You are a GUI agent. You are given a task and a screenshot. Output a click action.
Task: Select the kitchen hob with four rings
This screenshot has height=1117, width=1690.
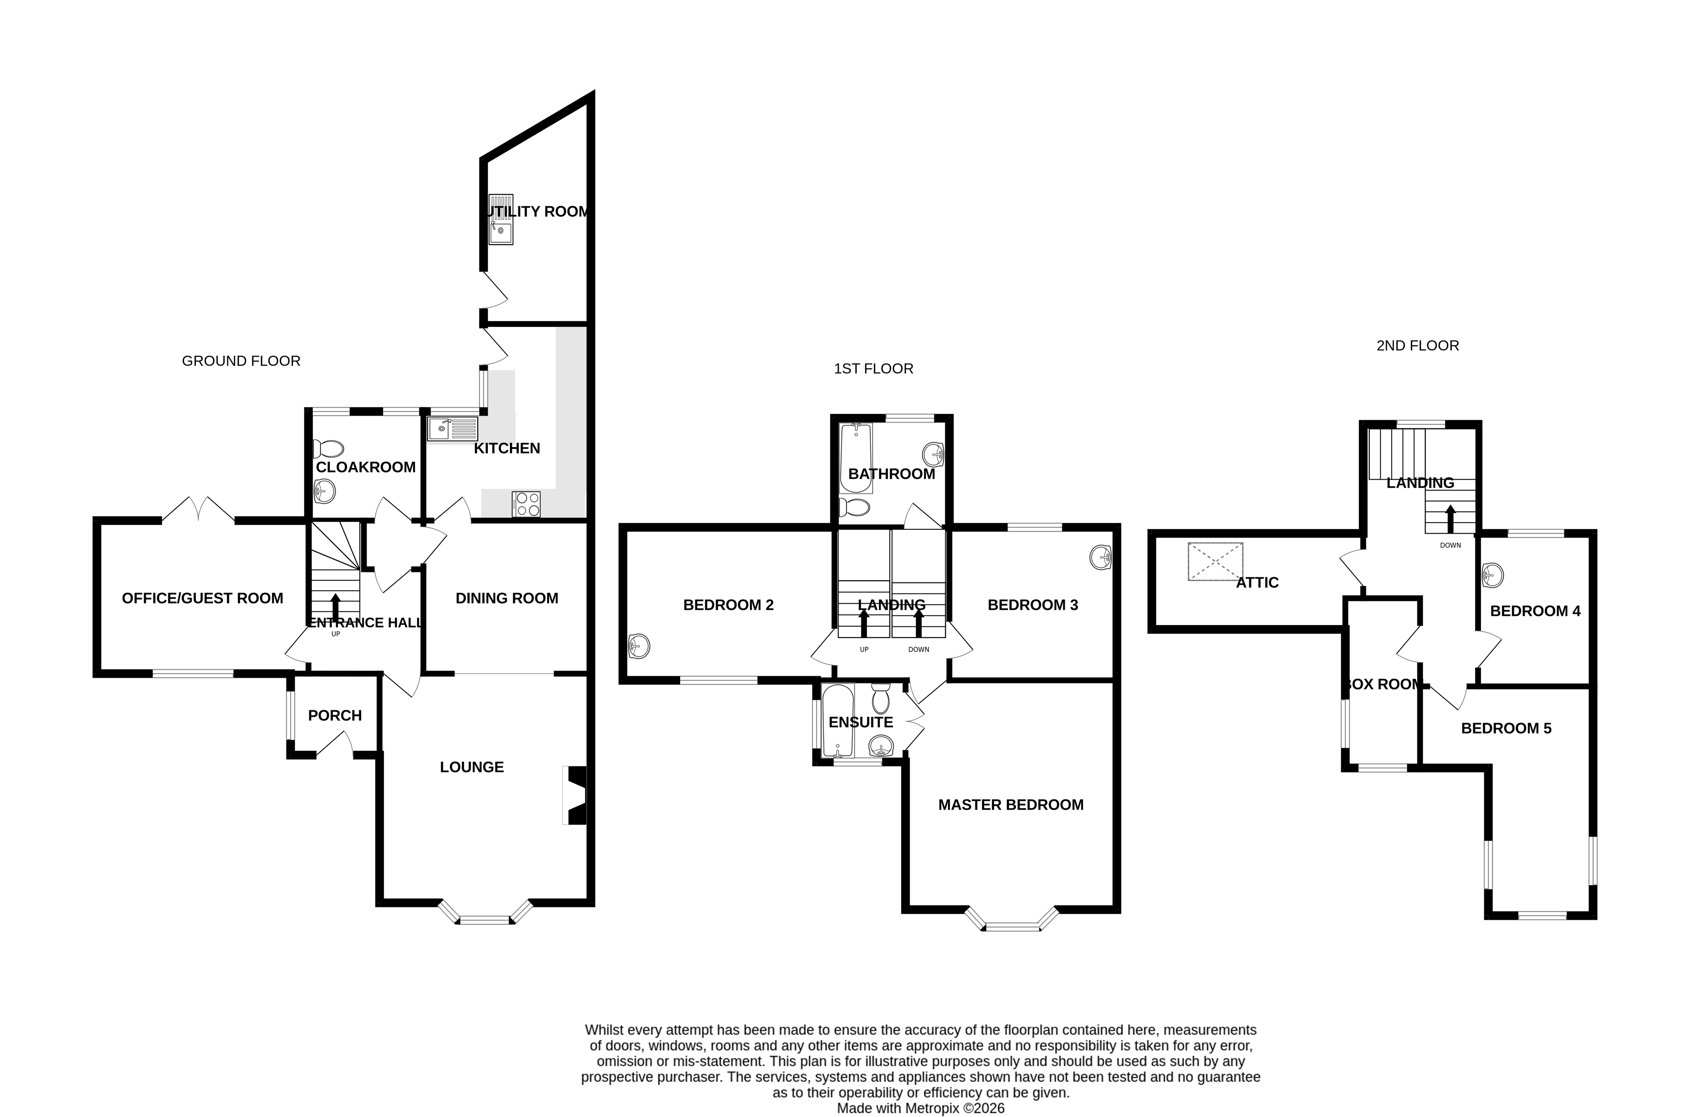[526, 504]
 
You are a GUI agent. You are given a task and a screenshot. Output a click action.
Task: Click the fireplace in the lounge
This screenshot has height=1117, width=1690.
[576, 795]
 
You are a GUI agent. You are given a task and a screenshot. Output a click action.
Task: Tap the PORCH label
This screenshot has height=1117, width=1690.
[335, 715]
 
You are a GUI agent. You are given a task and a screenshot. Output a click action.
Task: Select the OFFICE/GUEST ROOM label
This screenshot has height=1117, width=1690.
[202, 598]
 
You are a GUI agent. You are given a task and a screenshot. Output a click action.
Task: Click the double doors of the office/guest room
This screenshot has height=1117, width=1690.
[198, 510]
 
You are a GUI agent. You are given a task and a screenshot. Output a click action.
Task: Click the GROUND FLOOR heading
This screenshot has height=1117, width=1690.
[241, 361]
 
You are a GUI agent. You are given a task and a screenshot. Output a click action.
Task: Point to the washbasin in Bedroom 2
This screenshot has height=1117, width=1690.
[639, 646]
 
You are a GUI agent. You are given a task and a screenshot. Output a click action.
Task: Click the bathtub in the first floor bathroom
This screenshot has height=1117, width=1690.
[856, 458]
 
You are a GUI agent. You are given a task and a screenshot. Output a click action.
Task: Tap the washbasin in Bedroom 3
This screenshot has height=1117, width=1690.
[1101, 557]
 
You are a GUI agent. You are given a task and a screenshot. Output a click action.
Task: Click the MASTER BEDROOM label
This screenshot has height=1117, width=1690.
[1010, 805]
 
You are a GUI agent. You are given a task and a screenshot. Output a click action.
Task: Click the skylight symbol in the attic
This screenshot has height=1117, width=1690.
[1215, 561]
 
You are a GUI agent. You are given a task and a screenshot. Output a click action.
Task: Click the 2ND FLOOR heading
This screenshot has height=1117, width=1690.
[1417, 346]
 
